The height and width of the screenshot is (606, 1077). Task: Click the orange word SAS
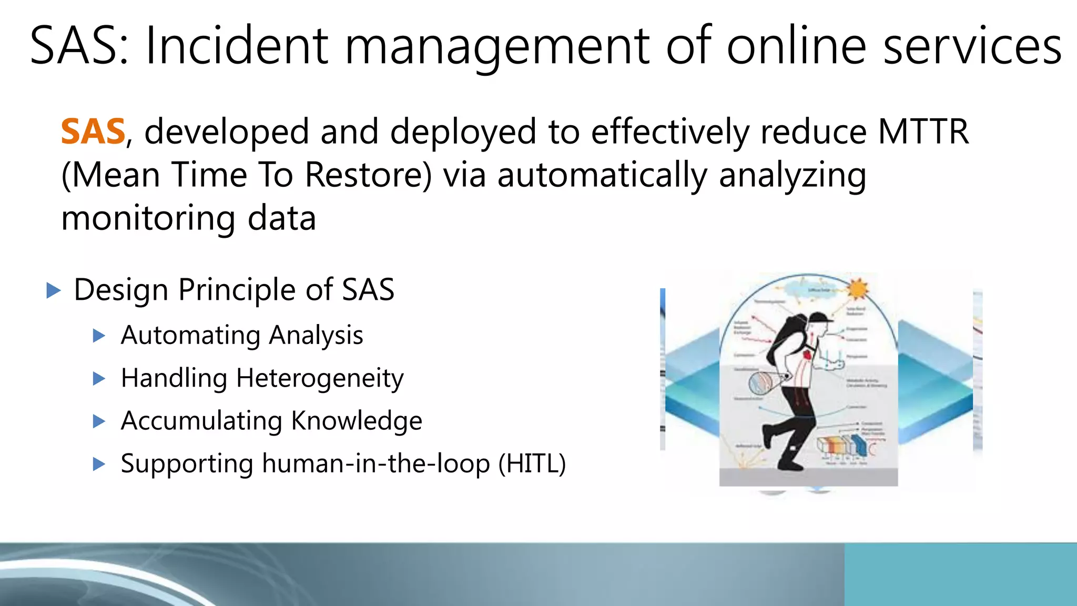pyautogui.click(x=93, y=132)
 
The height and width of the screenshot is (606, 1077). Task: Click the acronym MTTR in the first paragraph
pyautogui.click(x=923, y=132)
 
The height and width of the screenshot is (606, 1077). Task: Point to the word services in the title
pyautogui.click(x=972, y=46)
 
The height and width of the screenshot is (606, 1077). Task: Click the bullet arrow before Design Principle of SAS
pyautogui.click(x=54, y=290)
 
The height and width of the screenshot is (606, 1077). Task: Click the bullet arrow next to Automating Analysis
pyautogui.click(x=99, y=336)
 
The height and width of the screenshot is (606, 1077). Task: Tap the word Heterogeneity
pyautogui.click(x=320, y=379)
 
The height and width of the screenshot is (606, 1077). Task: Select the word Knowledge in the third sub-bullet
pyautogui.click(x=357, y=421)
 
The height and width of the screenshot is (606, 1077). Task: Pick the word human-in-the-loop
pyautogui.click(x=375, y=464)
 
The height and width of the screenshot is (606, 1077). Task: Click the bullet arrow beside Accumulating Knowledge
pyautogui.click(x=99, y=421)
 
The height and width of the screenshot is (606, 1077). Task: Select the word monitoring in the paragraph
pyautogui.click(x=148, y=218)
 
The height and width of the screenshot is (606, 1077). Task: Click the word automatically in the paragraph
pyautogui.click(x=602, y=175)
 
